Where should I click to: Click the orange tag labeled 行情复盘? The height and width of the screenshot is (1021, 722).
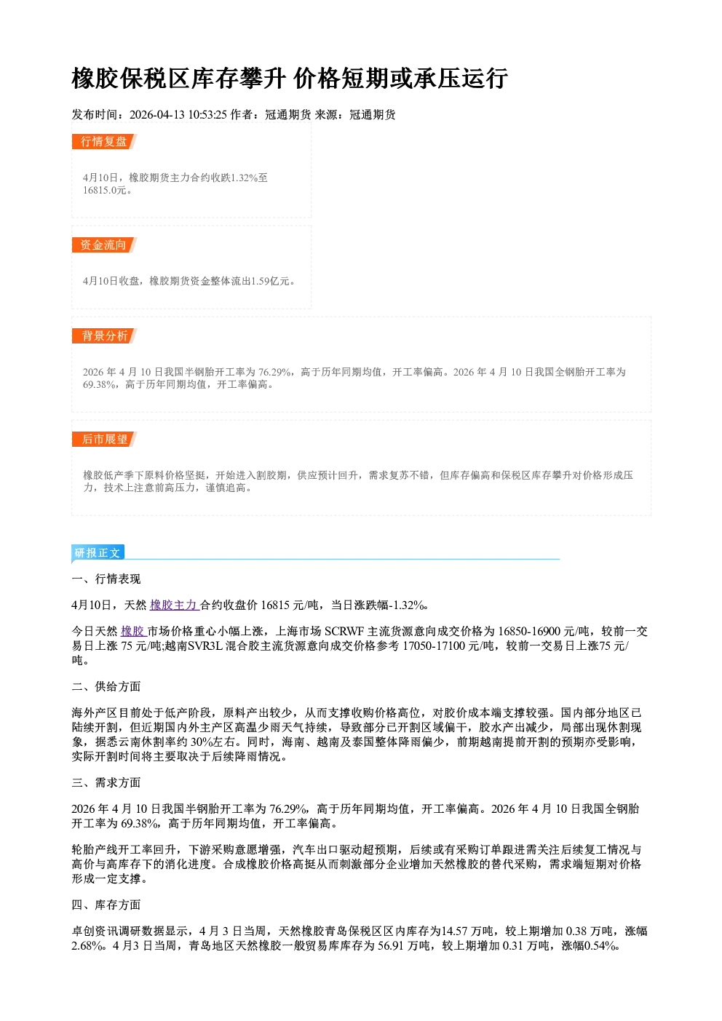tap(104, 141)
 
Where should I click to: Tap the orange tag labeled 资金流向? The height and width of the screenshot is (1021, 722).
tap(104, 245)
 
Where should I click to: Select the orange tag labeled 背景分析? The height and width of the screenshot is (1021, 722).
tap(104, 336)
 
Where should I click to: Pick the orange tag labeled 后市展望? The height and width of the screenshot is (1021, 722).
tap(104, 440)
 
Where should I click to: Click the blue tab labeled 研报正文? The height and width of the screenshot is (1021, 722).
tap(98, 552)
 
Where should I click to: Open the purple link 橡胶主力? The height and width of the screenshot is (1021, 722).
tap(174, 605)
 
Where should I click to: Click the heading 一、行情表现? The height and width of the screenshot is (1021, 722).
tap(106, 579)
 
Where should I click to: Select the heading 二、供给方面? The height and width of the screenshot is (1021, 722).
tap(106, 686)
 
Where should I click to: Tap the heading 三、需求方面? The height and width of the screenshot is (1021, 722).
tap(106, 782)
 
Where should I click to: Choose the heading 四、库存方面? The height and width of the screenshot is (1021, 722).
tap(106, 905)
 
